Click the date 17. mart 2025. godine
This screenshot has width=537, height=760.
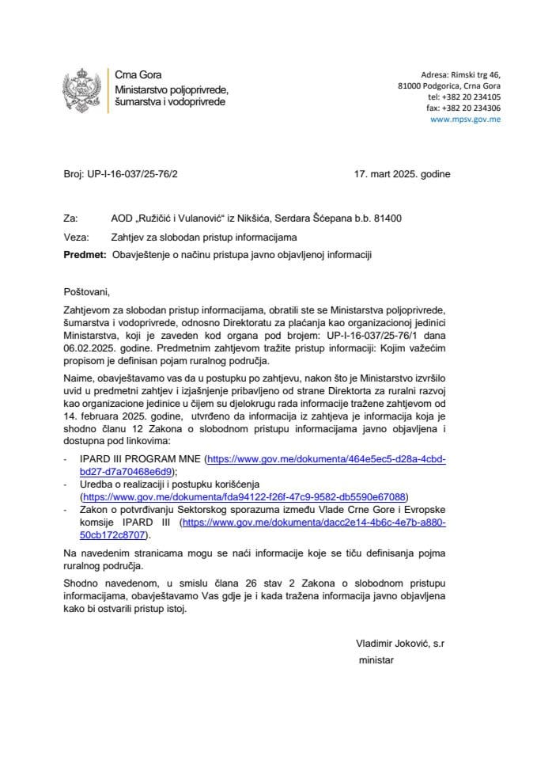click(403, 174)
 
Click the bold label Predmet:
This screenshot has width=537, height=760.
click(84, 254)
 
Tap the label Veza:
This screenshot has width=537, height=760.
click(75, 236)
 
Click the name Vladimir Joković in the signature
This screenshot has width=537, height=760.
click(391, 644)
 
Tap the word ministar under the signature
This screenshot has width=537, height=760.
click(376, 659)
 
